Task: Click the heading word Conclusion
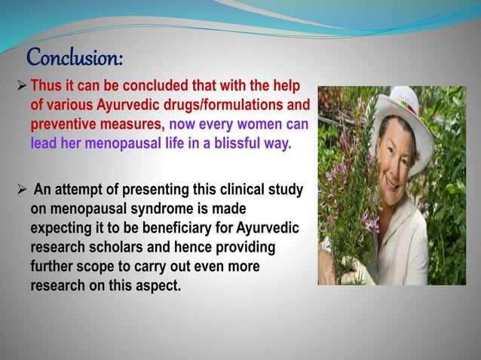point(75,57)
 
